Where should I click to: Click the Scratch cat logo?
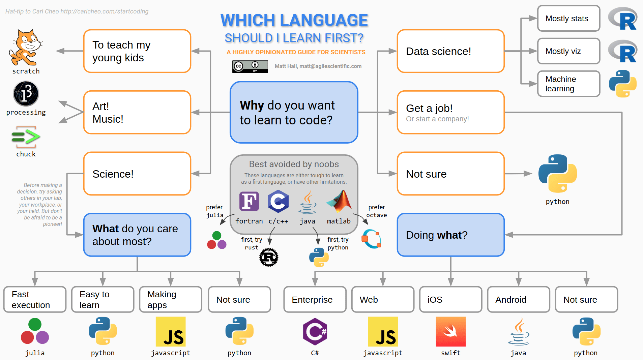pyautogui.click(x=26, y=47)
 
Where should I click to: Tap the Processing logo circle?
pyautogui.click(x=26, y=94)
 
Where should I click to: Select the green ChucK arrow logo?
pyautogui.click(x=26, y=137)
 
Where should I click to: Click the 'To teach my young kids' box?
pyautogui.click(x=137, y=51)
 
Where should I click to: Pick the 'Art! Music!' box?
pyautogui.click(x=137, y=113)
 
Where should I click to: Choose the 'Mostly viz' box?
pyautogui.click(x=568, y=51)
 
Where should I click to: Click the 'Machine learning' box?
pyautogui.click(x=568, y=84)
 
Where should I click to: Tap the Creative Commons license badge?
pyautogui.click(x=250, y=66)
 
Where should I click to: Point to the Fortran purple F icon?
pyautogui.click(x=249, y=201)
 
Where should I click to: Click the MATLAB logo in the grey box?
pyautogui.click(x=339, y=201)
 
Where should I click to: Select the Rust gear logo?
pyautogui.click(x=269, y=258)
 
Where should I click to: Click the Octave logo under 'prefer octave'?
pyautogui.click(x=371, y=239)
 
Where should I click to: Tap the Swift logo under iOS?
pyautogui.click(x=450, y=332)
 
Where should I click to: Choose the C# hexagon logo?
pyautogui.click(x=315, y=332)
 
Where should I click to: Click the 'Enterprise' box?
pyautogui.click(x=315, y=300)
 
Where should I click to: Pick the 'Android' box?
pyautogui.click(x=519, y=300)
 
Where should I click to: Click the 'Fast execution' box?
pyautogui.click(x=35, y=300)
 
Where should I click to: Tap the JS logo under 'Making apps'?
pyautogui.click(x=171, y=332)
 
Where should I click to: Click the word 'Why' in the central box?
pyautogui.click(x=252, y=106)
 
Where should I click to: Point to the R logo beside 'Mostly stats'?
pyautogui.click(x=623, y=19)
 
